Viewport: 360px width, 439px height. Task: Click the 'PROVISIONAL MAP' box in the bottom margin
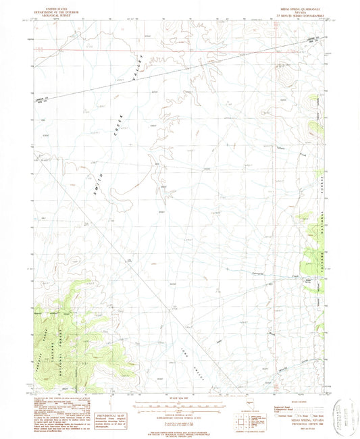[x=111, y=416]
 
